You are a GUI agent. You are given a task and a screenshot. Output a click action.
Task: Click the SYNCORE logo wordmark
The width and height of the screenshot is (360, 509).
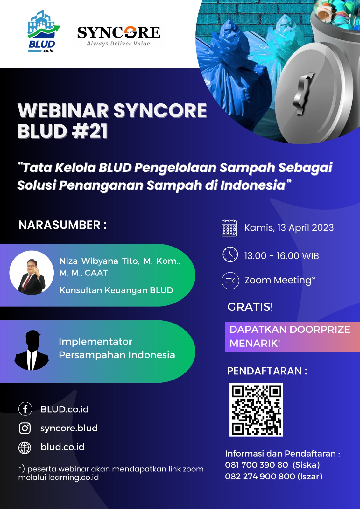(119, 32)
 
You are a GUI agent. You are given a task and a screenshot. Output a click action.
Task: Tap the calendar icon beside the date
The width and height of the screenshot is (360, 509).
(229, 228)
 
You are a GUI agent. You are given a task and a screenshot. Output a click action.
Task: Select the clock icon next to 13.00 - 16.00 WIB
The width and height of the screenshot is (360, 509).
(230, 254)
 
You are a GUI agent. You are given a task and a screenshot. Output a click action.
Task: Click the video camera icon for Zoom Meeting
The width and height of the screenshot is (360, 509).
(230, 281)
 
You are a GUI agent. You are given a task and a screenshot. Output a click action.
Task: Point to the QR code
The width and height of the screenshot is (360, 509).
(256, 410)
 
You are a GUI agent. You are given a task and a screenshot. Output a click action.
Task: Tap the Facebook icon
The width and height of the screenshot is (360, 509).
(25, 409)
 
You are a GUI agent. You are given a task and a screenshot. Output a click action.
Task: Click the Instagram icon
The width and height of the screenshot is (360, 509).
(25, 428)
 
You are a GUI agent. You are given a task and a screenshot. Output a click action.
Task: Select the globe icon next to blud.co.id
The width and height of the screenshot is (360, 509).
(25, 448)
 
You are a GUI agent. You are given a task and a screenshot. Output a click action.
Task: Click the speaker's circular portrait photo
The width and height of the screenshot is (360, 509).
(32, 273)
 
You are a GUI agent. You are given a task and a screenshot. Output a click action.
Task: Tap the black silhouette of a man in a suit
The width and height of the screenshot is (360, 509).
(32, 350)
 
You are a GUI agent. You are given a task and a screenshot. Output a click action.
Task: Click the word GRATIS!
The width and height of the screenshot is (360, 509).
(250, 307)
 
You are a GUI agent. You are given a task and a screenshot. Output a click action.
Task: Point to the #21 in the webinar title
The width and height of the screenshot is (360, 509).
(89, 132)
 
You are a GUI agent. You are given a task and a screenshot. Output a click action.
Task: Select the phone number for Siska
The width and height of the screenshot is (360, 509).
(257, 465)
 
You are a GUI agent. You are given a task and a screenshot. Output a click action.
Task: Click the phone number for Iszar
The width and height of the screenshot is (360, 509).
(260, 476)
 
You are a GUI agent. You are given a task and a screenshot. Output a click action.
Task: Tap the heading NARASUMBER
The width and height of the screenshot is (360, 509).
(59, 225)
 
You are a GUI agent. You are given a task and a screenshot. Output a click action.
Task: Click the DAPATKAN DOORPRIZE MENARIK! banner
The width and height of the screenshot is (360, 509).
(293, 337)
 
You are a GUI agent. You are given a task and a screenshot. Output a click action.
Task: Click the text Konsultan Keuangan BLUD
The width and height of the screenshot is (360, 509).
(116, 290)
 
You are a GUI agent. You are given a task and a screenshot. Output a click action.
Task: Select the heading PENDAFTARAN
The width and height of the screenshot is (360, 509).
(265, 371)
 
